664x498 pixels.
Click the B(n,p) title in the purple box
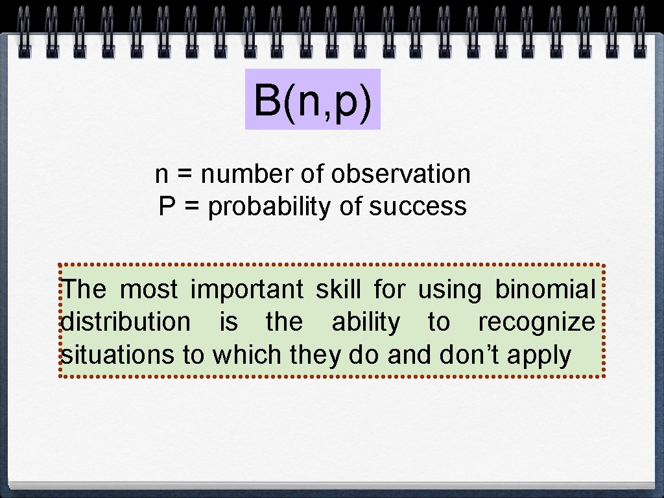(313, 100)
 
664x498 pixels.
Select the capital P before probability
(166, 207)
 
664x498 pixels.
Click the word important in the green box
(246, 290)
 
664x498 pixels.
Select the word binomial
(545, 289)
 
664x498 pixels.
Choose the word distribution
(126, 322)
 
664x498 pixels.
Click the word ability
(366, 322)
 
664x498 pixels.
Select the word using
(449, 290)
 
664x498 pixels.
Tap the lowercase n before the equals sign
(161, 174)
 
